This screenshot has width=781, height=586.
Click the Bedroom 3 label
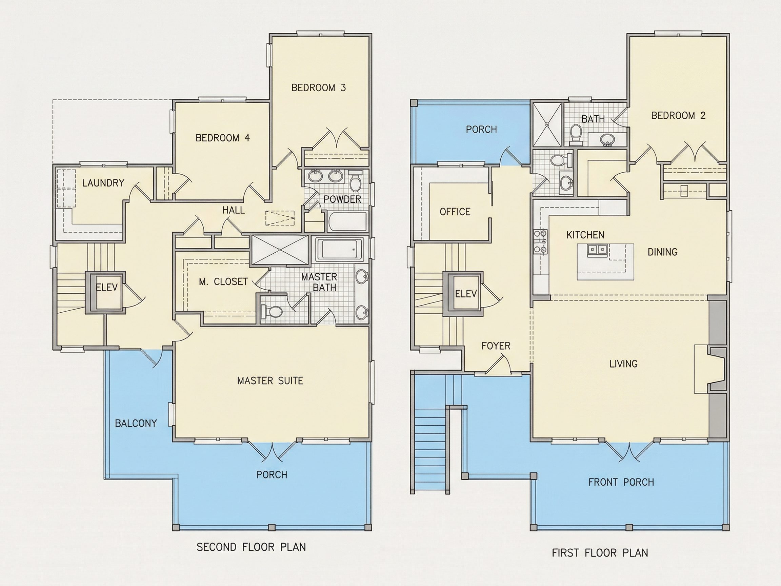(x=319, y=87)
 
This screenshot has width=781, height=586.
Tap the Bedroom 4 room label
(x=223, y=138)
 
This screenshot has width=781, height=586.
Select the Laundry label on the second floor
(x=103, y=183)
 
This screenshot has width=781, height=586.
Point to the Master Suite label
(x=270, y=381)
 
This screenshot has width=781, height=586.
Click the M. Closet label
(x=223, y=281)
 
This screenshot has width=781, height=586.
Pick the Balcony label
(x=136, y=423)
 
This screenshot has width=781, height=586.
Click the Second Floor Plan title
(x=251, y=547)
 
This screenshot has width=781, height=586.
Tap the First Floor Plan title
(x=600, y=553)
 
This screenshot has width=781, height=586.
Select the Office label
(x=455, y=212)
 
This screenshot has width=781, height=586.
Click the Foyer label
(x=496, y=346)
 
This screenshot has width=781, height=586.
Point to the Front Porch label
(x=621, y=482)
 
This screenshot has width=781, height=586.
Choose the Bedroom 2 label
(x=678, y=116)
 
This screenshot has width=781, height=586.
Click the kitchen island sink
(x=597, y=250)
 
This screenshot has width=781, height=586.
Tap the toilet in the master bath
(x=272, y=312)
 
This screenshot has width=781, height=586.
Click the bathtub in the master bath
(x=339, y=249)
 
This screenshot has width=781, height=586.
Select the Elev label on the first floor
(x=466, y=294)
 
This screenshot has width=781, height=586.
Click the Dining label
(x=663, y=252)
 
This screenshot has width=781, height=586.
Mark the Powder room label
(x=342, y=199)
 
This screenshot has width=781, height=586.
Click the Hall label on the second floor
(x=233, y=210)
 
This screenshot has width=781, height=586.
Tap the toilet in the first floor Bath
(x=576, y=134)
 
